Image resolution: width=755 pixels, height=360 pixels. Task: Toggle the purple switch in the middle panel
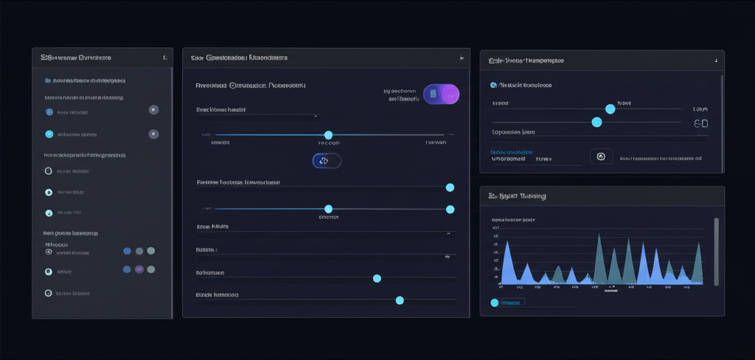441,94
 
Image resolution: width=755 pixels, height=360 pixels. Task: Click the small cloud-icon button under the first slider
327,160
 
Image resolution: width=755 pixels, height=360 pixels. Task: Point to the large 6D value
701,124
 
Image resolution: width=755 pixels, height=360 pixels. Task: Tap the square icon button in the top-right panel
601,156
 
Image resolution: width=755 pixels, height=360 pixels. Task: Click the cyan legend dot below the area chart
495,302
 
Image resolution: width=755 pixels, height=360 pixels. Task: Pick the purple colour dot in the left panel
139,270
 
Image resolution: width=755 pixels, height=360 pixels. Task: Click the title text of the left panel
76,57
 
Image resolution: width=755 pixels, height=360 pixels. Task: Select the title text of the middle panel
238,57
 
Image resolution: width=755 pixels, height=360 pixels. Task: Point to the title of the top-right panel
526,59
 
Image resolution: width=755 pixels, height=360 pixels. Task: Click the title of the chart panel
517,196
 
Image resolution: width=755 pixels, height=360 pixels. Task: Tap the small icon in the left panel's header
164,57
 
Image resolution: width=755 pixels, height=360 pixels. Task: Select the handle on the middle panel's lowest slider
400,300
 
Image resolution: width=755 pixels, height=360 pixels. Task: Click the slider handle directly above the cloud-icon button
328,135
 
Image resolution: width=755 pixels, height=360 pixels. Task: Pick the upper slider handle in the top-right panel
610,108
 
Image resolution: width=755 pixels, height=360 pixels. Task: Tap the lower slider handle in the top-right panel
596,122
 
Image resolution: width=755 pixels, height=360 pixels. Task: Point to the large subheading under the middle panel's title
251,86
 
